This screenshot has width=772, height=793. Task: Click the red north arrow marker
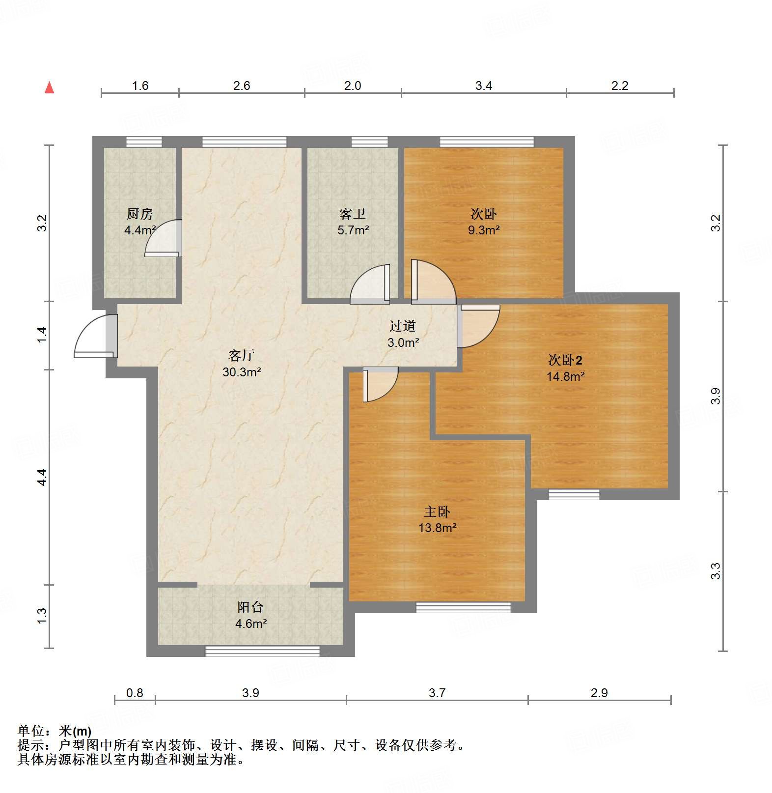(49, 87)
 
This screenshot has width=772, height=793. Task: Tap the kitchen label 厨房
(139, 214)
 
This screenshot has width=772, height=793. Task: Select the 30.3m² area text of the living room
(242, 372)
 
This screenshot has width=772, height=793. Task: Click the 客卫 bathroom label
(353, 214)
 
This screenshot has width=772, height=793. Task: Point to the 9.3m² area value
(484, 230)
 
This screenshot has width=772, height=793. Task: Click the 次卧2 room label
(565, 360)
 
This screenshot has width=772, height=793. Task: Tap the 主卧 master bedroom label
(437, 512)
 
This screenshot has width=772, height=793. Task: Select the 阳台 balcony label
(250, 607)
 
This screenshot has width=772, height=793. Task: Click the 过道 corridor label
(403, 326)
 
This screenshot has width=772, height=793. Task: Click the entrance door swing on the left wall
(94, 337)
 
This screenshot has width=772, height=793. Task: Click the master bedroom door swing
(379, 384)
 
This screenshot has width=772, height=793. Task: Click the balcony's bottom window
(262, 651)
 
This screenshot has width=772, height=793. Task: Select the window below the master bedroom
(463, 608)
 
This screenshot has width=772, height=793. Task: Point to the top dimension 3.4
(484, 86)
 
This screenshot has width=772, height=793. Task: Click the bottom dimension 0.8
(135, 693)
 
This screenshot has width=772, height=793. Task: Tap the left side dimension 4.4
(42, 477)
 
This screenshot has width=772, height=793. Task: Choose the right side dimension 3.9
(716, 396)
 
